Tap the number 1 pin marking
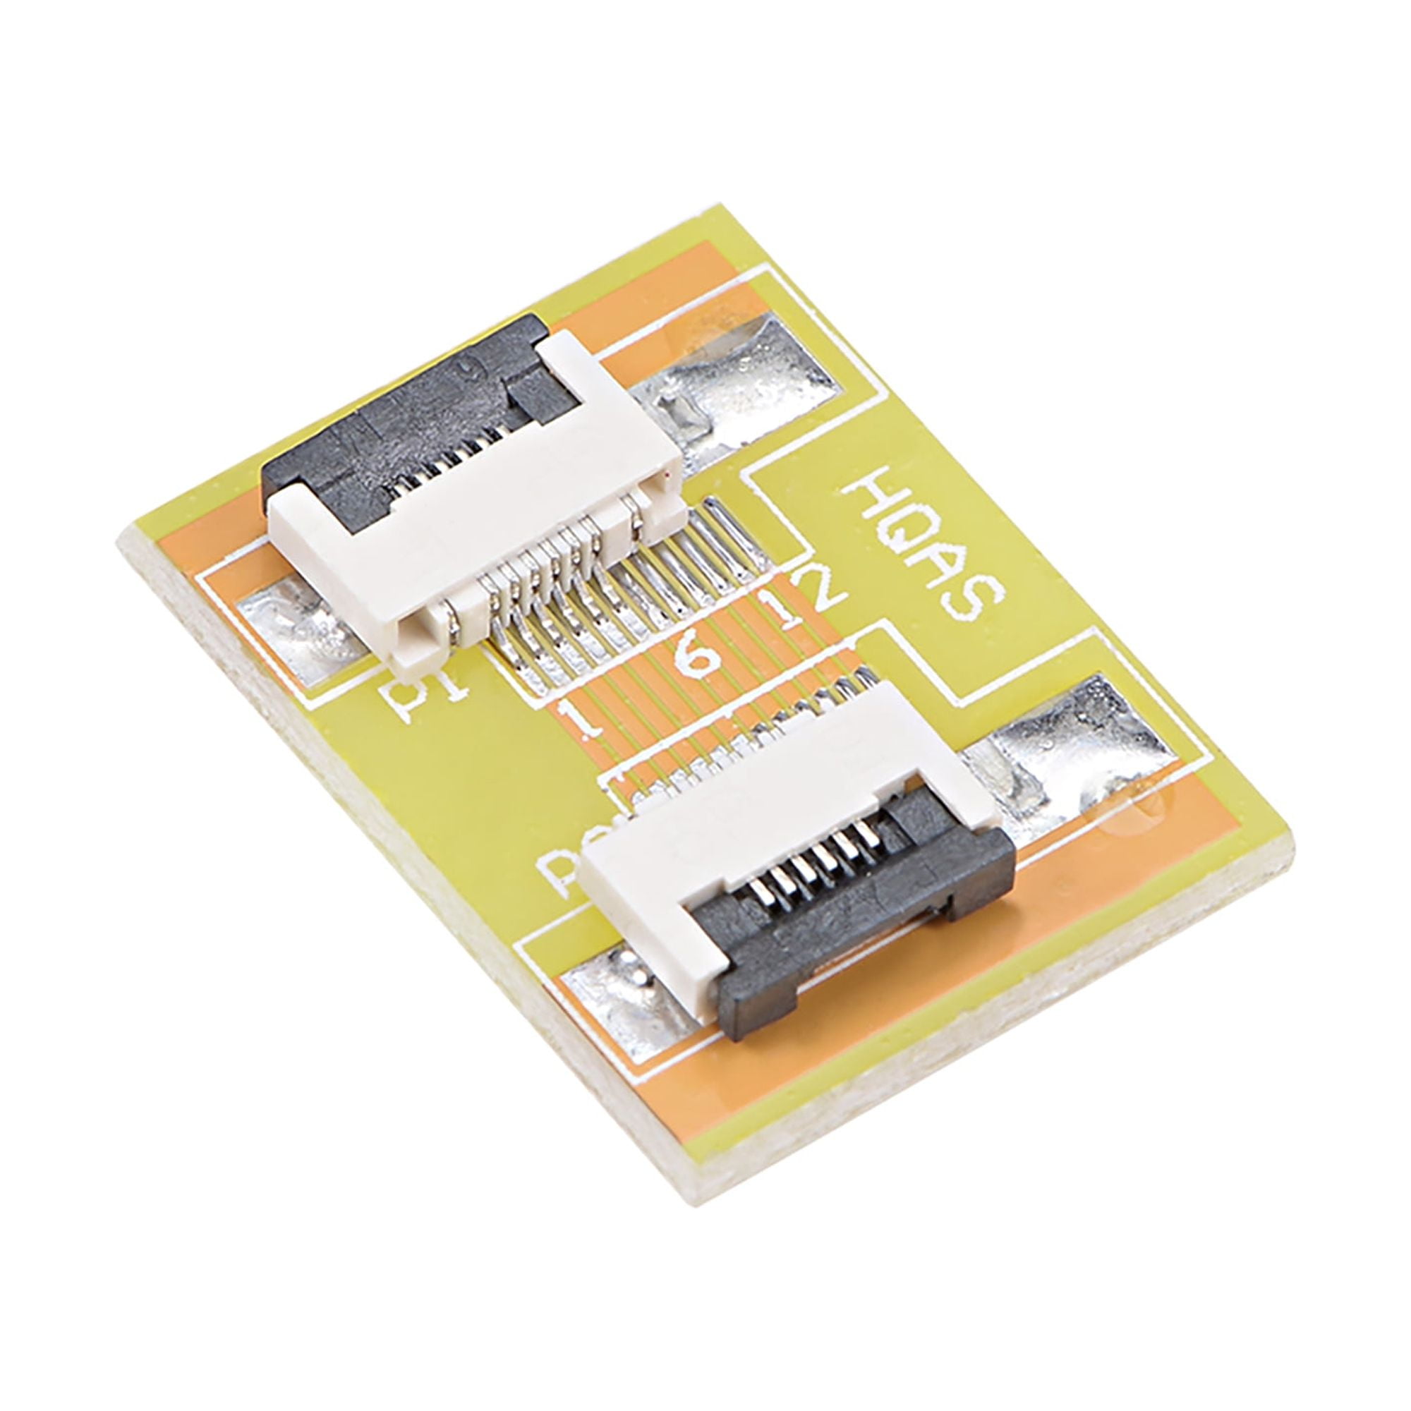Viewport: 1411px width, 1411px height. [584, 720]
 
